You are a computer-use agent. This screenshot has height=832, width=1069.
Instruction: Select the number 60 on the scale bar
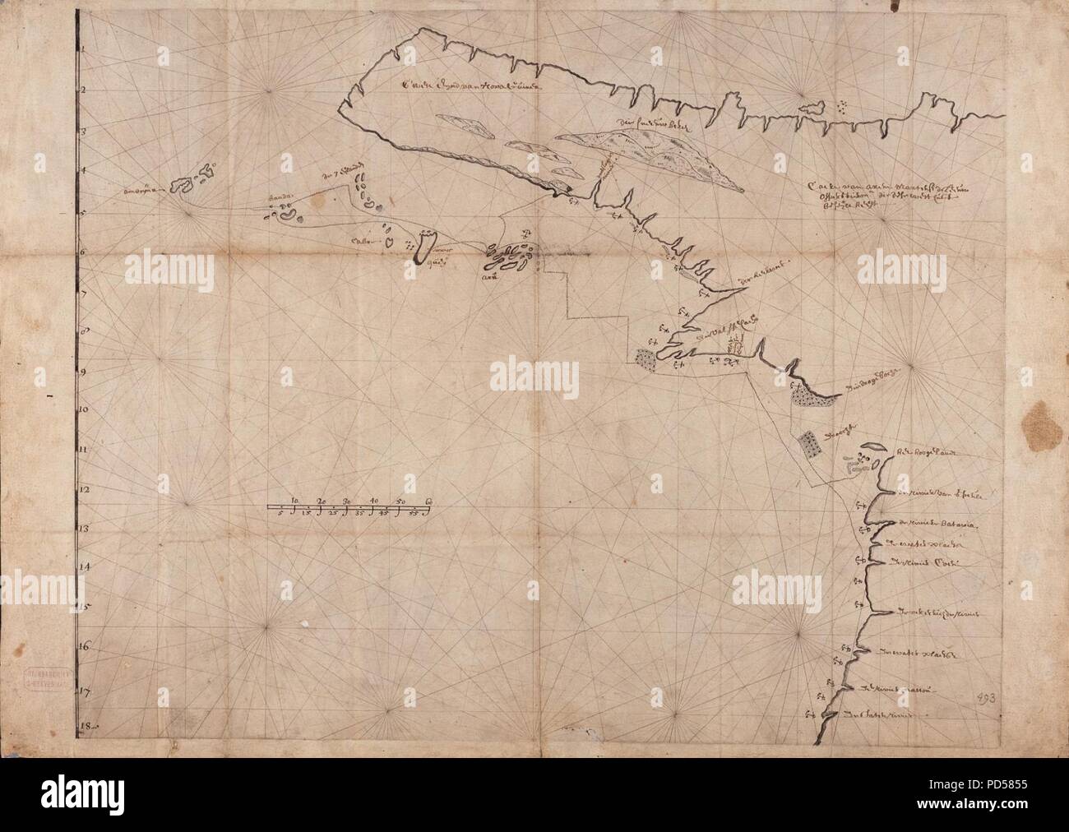(428, 501)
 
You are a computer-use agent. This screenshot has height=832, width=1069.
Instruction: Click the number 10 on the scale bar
(295, 501)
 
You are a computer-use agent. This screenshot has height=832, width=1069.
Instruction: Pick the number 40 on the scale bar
(374, 501)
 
